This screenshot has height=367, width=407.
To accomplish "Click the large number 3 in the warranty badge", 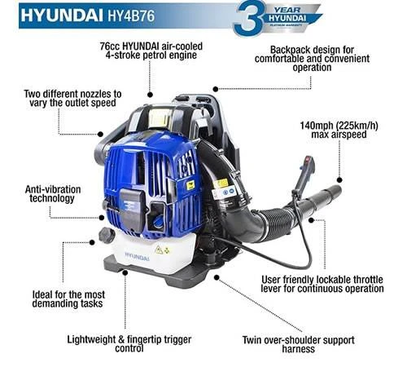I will click(x=247, y=18).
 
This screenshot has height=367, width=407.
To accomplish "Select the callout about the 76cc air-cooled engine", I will click(x=152, y=50).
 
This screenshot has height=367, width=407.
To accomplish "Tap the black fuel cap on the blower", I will click(x=104, y=236).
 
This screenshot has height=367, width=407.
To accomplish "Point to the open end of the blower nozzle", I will click(x=334, y=192).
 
